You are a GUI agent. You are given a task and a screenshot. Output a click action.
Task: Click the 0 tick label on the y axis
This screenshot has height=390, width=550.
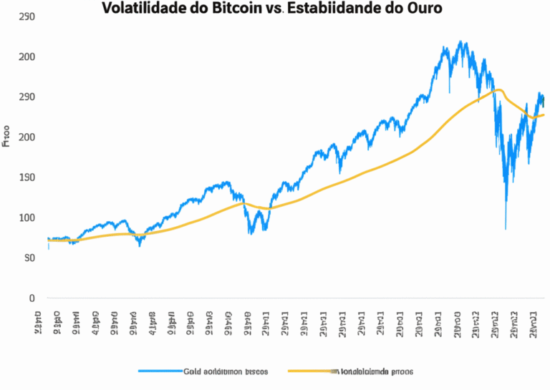point(32,298)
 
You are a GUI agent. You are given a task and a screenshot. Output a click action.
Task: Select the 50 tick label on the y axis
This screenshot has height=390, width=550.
point(29,258)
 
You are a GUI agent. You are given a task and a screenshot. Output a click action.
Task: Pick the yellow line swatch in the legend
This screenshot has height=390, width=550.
point(309,371)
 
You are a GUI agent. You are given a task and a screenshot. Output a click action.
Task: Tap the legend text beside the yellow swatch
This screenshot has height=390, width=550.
point(376,371)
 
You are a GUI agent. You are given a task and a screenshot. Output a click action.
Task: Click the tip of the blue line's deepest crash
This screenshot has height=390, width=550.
point(506,229)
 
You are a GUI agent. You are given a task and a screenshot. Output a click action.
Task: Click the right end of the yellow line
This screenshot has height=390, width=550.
point(544,114)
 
